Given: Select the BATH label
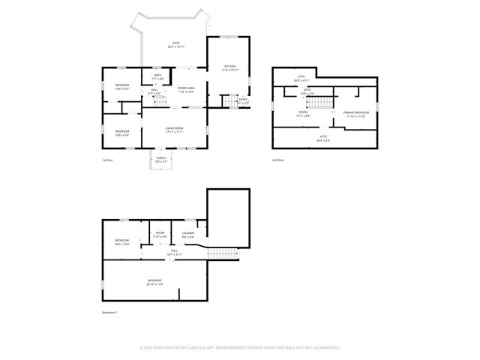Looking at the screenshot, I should pyautogui.click(x=157, y=76).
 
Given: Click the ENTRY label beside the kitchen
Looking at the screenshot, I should pyautogui.click(x=242, y=100).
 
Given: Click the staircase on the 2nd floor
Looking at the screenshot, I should pyautogui.click(x=320, y=102).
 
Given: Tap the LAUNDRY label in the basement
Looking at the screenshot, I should pyautogui.click(x=187, y=235).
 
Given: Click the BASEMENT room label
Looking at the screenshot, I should pyautogui.click(x=155, y=282).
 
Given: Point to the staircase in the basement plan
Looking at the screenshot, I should pyautogui.click(x=221, y=253).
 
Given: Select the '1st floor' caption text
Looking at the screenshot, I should pyautogui.click(x=109, y=160).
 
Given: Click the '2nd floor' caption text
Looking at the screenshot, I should pyautogui.click(x=278, y=160).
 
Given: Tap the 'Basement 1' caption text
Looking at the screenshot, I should pyautogui.click(x=110, y=312).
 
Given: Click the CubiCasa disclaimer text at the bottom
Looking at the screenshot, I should pyautogui.click(x=240, y=348).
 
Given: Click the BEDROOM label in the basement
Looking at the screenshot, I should pyautogui.click(x=121, y=242).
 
